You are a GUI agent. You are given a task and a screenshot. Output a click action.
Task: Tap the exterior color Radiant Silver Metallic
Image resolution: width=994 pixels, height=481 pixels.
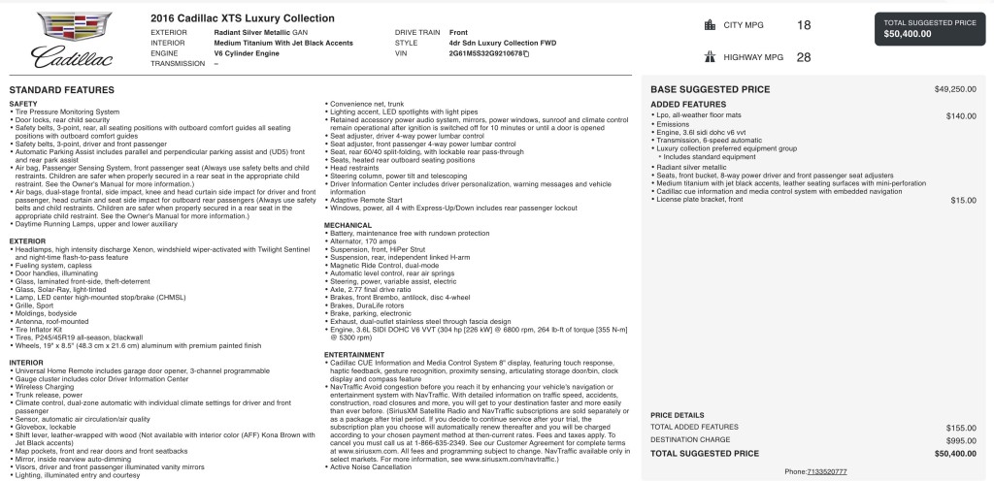coord(255,33)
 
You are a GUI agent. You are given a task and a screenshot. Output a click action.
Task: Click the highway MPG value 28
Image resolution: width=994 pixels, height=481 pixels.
coord(804,57)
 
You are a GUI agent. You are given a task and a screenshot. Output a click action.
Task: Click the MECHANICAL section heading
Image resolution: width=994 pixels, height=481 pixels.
coord(348,224)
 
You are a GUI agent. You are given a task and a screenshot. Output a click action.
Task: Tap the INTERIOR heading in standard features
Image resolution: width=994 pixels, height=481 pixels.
coord(26,361)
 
